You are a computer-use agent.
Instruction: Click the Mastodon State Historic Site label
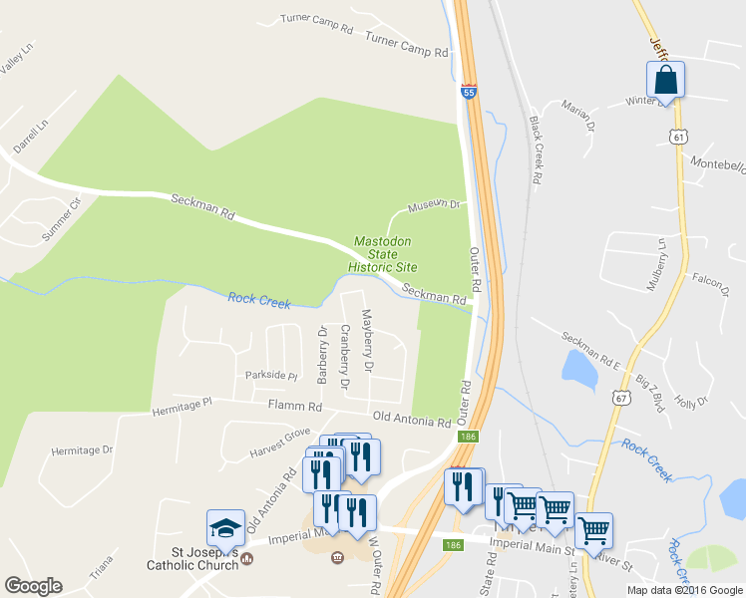[382, 254]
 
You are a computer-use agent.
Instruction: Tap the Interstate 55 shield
[469, 93]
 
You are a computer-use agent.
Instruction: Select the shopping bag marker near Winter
[665, 80]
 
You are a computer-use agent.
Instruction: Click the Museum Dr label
[434, 206]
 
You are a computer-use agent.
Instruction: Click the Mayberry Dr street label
[367, 340]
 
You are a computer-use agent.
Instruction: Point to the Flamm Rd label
[295, 406]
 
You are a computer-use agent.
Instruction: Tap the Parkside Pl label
[271, 376]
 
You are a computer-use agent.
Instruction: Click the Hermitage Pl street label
[182, 407]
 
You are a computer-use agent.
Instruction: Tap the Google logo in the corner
[33, 586]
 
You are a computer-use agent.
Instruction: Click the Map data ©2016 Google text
[683, 589]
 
